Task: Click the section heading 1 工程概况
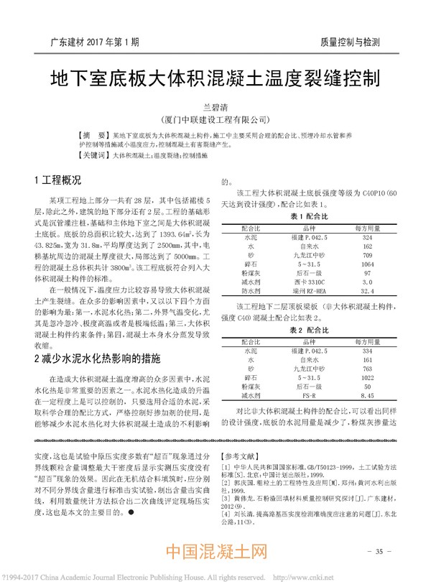[58, 180]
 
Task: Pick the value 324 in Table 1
[368, 236]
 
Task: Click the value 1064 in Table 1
[368, 264]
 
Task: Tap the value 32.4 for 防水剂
[368, 292]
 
